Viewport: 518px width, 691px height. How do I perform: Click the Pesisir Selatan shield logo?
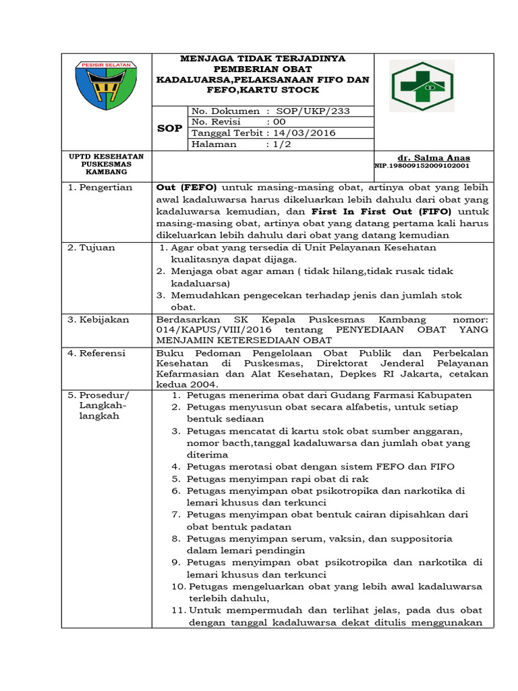pyautogui.click(x=108, y=84)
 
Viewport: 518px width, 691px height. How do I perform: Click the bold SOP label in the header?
pyautogui.click(x=169, y=128)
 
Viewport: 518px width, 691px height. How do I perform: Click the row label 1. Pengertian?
pyautogui.click(x=100, y=187)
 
